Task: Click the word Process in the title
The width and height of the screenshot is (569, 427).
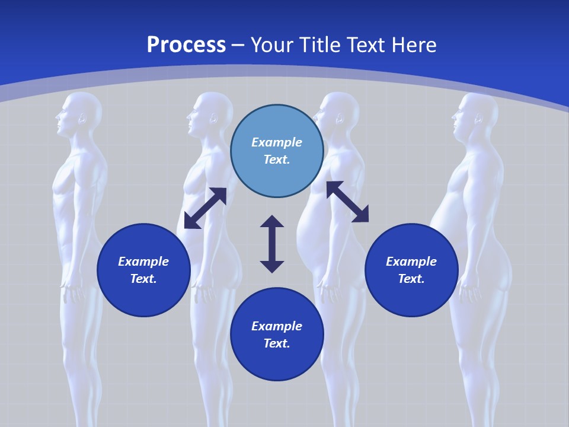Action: [x=186, y=45]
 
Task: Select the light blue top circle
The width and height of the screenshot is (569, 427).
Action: [x=277, y=151]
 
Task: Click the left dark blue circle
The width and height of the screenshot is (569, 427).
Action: [x=143, y=270]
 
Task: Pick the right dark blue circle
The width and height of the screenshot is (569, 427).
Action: [x=411, y=270]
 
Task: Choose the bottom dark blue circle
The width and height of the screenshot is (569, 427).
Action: [x=277, y=334]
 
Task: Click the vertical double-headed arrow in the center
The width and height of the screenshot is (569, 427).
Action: [x=272, y=244]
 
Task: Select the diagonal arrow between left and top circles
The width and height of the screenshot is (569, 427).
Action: [x=205, y=208]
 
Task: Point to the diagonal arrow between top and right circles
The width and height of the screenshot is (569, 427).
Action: [x=347, y=202]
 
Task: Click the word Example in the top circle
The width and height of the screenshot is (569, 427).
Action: [x=277, y=142]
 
